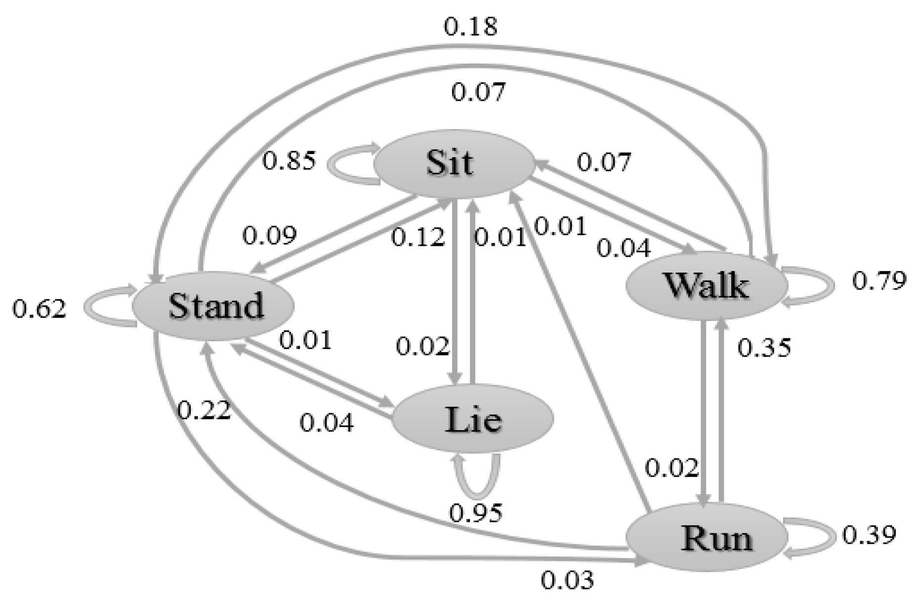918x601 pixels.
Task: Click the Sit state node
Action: click(x=453, y=163)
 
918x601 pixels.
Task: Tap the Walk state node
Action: click(x=706, y=286)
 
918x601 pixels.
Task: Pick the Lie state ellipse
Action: click(x=473, y=419)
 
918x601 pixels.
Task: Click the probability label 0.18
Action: click(x=470, y=27)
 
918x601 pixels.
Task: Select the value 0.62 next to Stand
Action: click(x=39, y=310)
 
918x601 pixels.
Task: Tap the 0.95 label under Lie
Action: click(x=475, y=513)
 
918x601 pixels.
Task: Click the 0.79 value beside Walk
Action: click(x=879, y=281)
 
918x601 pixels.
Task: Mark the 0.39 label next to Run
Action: click(x=869, y=535)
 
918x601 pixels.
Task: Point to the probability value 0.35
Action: click(x=764, y=348)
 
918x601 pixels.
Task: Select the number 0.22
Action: click(x=204, y=410)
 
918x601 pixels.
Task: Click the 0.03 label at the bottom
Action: click(x=567, y=580)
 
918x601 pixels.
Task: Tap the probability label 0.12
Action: click(x=418, y=237)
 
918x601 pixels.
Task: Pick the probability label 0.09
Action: click(x=269, y=236)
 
